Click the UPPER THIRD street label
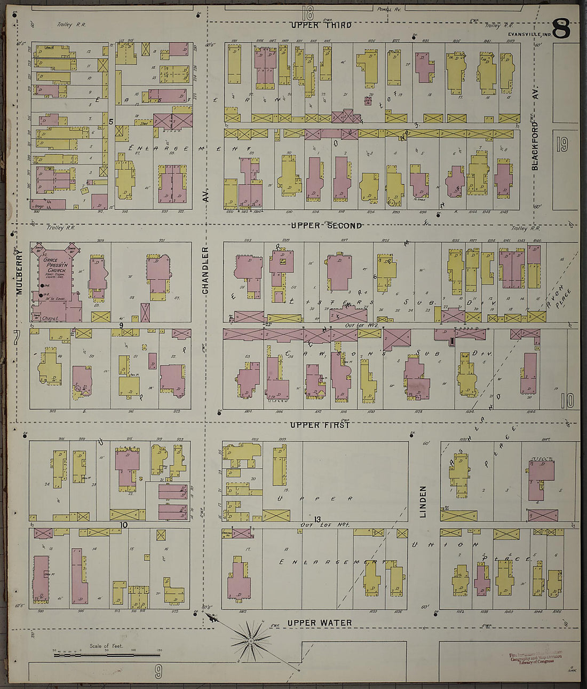click(x=321, y=25)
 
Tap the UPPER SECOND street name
click(x=326, y=226)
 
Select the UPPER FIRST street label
click(x=320, y=425)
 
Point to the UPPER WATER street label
click(x=319, y=623)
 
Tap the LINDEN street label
click(x=423, y=502)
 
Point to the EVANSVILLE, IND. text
click(x=529, y=35)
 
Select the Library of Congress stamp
click(x=534, y=657)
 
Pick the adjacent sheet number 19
click(x=562, y=145)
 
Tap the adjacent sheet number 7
click(x=17, y=338)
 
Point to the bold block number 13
click(x=317, y=519)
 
